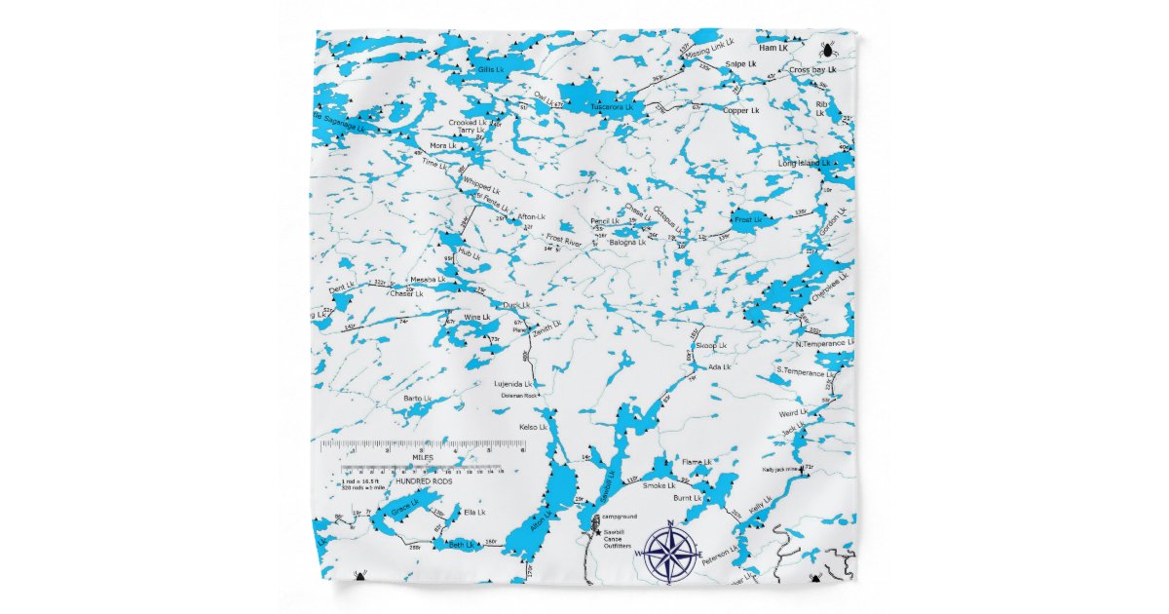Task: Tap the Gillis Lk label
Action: [491, 70]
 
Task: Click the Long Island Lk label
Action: [804, 163]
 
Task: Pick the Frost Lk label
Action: [748, 220]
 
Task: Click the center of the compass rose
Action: [669, 553]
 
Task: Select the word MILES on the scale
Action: [423, 456]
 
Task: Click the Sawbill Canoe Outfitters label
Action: [618, 538]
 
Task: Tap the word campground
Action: [619, 516]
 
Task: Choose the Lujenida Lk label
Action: [515, 384]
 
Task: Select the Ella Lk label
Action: [474, 512]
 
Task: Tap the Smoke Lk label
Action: [659, 484]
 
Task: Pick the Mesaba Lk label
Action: [427, 280]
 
